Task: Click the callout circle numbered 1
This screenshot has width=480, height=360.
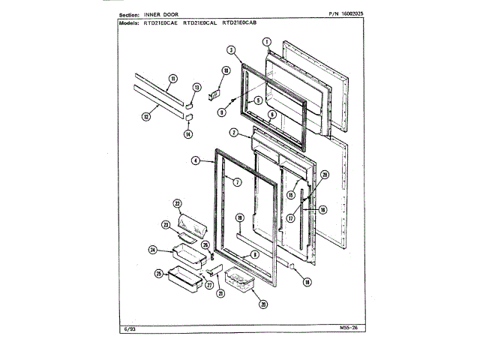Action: point(266,42)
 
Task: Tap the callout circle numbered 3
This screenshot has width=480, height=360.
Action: point(232,50)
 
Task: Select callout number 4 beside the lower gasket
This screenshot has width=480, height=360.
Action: point(196,160)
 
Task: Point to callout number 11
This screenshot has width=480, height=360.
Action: point(172,79)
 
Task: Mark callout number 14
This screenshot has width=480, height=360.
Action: point(188,134)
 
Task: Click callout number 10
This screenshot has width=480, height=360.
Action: point(226,70)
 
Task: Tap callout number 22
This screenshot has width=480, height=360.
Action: point(178,203)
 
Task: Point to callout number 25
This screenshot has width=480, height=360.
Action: point(160,274)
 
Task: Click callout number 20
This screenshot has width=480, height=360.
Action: point(263,304)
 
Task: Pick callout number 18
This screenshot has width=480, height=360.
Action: point(307,283)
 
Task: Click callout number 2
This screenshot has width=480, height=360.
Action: point(235,133)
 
